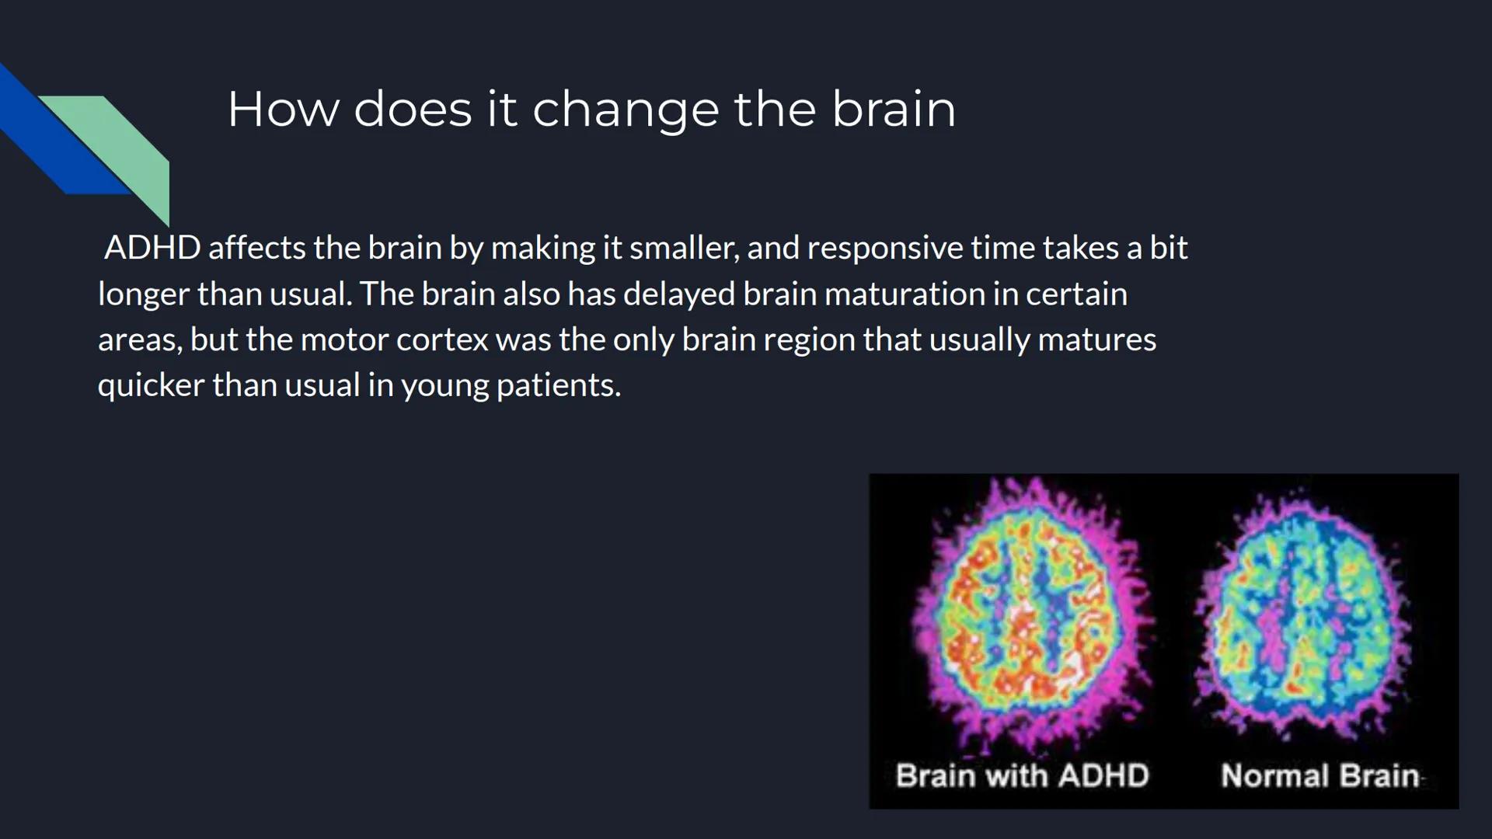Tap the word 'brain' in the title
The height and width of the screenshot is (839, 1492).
[x=894, y=110]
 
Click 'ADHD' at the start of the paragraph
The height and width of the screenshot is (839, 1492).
[x=152, y=248]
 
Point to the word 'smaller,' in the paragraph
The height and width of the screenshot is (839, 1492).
[x=683, y=248]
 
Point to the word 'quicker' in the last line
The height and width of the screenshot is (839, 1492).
[x=151, y=385]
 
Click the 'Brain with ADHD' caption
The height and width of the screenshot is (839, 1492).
[x=1022, y=775]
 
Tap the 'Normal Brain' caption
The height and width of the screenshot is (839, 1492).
[x=1319, y=775]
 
